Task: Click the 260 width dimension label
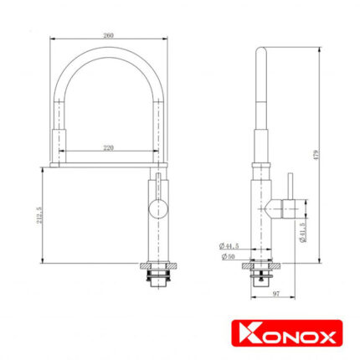(108, 35)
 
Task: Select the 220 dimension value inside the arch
(108, 147)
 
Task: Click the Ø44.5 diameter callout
(225, 246)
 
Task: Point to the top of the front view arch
(108, 52)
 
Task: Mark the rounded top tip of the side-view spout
(261, 51)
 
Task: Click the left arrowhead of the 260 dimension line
(53, 39)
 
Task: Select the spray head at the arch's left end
(58, 141)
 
